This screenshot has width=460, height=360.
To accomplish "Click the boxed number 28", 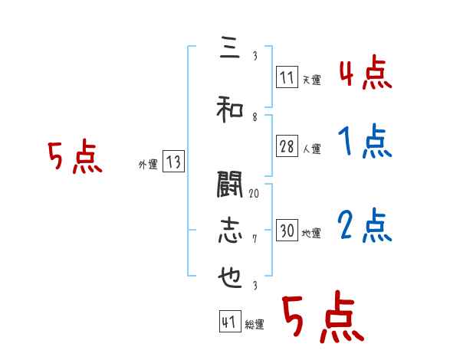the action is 287,147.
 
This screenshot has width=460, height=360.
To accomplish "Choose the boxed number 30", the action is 287,231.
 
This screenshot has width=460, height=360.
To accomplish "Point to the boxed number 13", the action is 173,162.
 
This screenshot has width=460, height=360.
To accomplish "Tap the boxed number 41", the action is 229,322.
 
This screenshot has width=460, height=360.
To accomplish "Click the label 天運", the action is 311,79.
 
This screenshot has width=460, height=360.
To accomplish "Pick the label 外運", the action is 147,164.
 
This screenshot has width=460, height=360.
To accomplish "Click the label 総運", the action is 254,325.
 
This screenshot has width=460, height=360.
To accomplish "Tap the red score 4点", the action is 365,75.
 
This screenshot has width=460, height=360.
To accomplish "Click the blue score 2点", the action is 365,226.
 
